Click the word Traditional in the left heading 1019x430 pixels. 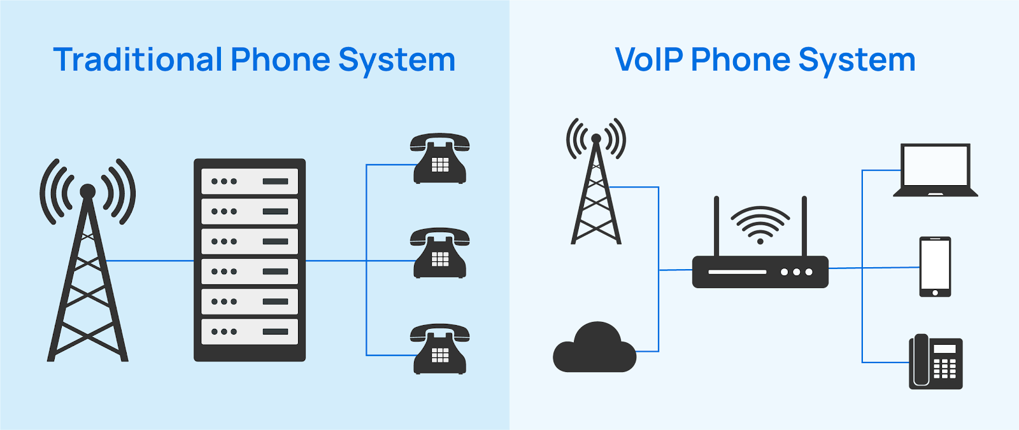click(138, 60)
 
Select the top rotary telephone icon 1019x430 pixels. click(439, 158)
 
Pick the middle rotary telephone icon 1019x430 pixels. click(439, 253)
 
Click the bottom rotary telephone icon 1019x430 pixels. click(439, 349)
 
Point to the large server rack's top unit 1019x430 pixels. click(250, 181)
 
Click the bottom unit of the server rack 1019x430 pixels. click(250, 331)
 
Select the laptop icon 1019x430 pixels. click(935, 170)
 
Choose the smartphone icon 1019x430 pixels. click(935, 267)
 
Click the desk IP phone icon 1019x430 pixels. click(935, 362)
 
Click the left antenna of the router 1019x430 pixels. click(716, 226)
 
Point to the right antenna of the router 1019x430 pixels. click(804, 226)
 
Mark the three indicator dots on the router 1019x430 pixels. click(796, 272)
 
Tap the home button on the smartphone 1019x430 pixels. click(935, 293)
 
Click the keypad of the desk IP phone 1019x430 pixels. click(944, 368)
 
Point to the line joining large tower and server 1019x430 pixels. click(150, 261)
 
